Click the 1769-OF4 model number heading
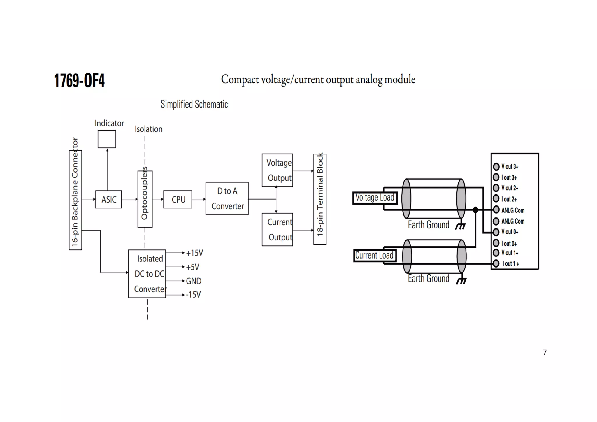click(79, 80)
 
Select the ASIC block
click(108, 199)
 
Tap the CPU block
click(178, 199)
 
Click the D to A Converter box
click(227, 199)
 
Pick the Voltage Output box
click(277, 170)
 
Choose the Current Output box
click(277, 230)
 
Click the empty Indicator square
click(107, 139)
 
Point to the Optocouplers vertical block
click(145, 199)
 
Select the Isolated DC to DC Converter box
click(147, 274)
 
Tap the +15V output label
click(194, 253)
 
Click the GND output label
click(194, 281)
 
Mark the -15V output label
click(193, 295)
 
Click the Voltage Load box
click(375, 198)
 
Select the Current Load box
click(374, 256)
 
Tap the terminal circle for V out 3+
click(496, 167)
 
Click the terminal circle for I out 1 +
click(496, 264)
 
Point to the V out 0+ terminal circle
click(496, 232)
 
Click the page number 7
click(545, 352)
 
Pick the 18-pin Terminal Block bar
click(320, 199)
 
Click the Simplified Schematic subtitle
click(194, 104)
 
